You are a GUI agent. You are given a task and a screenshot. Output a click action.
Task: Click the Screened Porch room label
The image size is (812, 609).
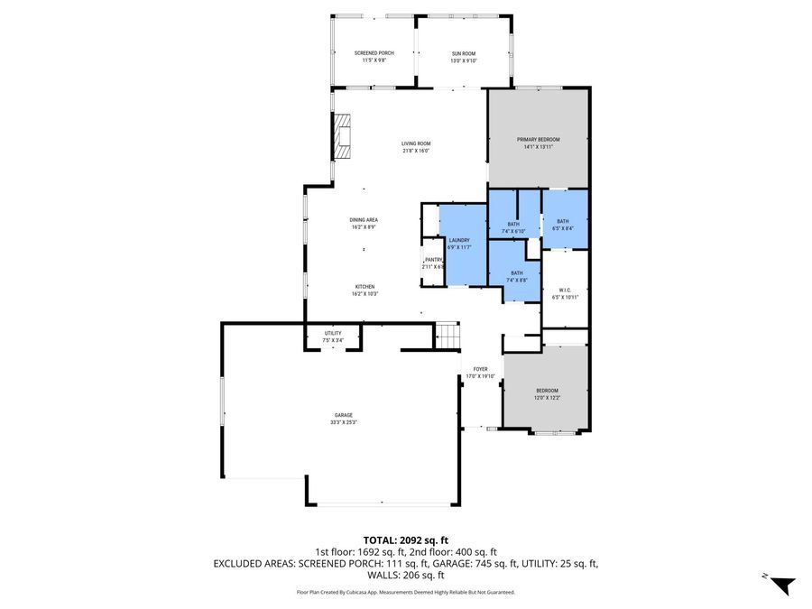tap(373, 57)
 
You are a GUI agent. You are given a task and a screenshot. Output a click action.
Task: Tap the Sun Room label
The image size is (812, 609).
tap(464, 57)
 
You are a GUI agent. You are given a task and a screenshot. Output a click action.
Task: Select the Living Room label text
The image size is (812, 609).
tap(416, 147)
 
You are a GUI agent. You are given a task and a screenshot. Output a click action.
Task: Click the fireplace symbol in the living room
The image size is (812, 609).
tap(342, 136)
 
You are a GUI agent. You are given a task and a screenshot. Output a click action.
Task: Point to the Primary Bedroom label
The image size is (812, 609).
tap(538, 143)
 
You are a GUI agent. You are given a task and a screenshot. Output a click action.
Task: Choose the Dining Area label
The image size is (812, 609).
tap(364, 223)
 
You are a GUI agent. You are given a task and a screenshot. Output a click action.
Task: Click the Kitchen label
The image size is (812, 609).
tap(364, 290)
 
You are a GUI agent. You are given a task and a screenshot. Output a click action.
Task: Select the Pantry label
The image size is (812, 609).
tap(433, 263)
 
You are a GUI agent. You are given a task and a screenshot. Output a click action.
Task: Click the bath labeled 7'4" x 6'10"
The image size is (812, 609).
tap(512, 227)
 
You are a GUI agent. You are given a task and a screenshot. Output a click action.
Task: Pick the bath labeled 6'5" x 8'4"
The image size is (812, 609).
tap(562, 225)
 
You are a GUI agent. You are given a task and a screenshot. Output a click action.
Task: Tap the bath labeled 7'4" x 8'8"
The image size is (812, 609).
tap(516, 276)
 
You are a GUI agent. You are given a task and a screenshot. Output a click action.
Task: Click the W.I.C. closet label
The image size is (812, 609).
tap(564, 293)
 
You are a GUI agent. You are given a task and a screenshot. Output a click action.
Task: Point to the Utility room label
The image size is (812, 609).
tap(332, 337)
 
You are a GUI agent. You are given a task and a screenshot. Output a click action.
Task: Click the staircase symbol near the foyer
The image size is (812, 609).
tap(448, 336)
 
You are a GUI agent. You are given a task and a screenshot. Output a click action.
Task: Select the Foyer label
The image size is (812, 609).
tap(480, 373)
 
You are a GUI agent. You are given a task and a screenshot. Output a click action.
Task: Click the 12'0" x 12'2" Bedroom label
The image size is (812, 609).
tap(547, 393)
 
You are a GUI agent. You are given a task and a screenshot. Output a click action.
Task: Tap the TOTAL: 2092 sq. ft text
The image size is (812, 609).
tap(405, 540)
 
